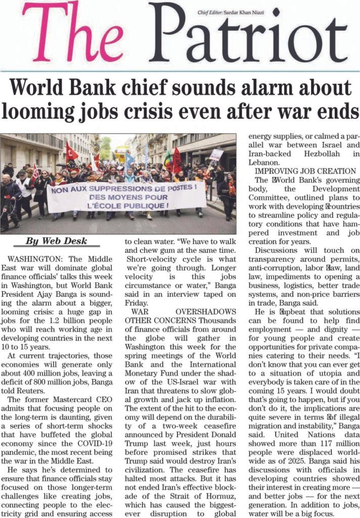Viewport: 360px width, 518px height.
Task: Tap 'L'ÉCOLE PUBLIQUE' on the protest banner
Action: (126, 206)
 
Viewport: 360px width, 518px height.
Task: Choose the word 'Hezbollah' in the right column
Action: (310, 153)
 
